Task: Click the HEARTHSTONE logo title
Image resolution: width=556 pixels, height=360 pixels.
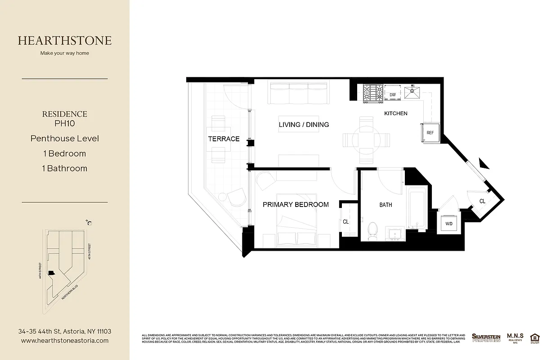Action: (65, 40)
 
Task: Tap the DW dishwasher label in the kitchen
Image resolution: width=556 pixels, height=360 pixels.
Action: (392, 94)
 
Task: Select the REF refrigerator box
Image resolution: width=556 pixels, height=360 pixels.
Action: (430, 133)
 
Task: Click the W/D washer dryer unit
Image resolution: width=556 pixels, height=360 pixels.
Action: (449, 224)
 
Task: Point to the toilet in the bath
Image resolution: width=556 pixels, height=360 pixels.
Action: (372, 230)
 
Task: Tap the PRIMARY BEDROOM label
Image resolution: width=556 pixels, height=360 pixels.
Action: (296, 204)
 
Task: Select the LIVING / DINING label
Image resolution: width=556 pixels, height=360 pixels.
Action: (304, 124)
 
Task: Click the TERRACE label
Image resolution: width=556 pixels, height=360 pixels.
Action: (224, 139)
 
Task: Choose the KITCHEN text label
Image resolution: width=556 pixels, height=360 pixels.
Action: (395, 113)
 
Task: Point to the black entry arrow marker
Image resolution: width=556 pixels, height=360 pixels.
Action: (483, 163)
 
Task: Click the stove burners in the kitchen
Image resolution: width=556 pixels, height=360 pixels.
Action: (373, 94)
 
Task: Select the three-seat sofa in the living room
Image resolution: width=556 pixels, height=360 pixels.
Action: (298, 93)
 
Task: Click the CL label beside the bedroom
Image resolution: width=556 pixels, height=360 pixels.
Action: (346, 222)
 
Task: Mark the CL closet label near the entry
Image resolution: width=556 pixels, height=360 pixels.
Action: (482, 201)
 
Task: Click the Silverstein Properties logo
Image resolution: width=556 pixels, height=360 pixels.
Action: (486, 337)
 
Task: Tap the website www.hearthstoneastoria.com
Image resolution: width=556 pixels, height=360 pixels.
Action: (65, 341)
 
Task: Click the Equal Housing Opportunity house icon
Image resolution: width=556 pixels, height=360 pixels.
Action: (535, 337)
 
